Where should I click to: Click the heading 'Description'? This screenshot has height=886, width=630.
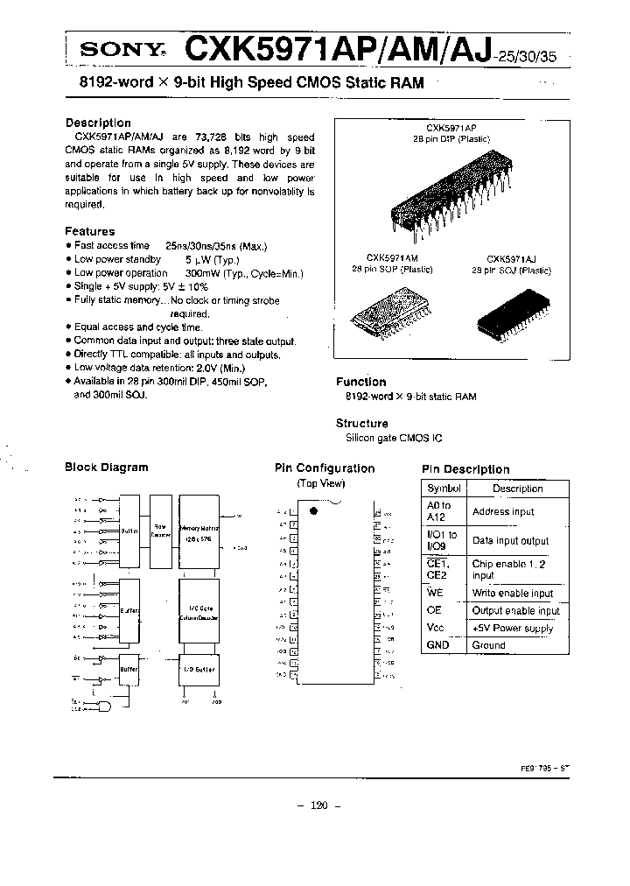(98, 123)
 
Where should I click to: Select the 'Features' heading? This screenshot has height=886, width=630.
(89, 231)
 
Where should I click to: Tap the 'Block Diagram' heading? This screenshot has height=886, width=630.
(107, 468)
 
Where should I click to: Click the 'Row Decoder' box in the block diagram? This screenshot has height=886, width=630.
(160, 530)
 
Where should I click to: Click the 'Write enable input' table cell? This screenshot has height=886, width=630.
(513, 594)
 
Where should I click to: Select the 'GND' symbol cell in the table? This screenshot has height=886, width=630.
(437, 645)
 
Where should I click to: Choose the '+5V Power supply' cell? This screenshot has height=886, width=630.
(513, 628)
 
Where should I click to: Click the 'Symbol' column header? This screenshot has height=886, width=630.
(444, 489)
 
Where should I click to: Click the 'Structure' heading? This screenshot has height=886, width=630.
(361, 424)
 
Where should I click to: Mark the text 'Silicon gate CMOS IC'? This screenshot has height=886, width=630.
(391, 438)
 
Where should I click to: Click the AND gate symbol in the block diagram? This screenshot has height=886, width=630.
(105, 705)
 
